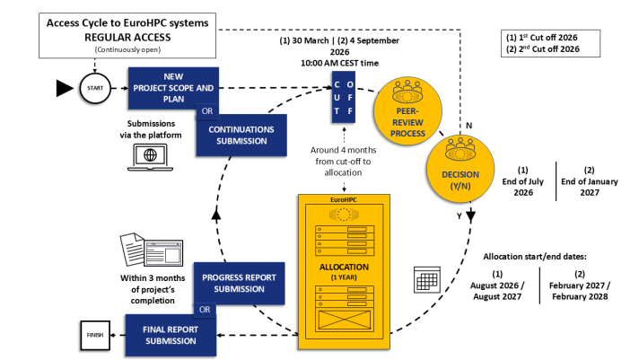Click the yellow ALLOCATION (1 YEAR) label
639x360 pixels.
pyautogui.click(x=342, y=272)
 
